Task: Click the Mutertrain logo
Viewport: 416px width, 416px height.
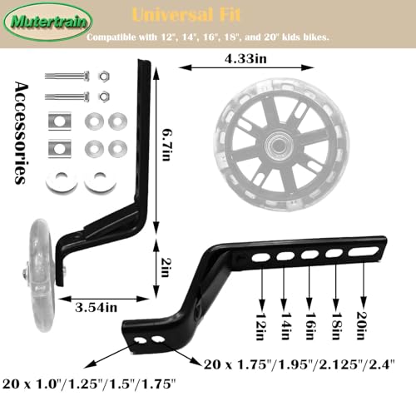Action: tap(48, 22)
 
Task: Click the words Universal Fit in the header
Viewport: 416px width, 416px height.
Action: tap(186, 15)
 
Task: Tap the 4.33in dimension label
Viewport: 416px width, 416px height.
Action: tap(245, 59)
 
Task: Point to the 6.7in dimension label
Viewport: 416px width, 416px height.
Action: tap(166, 145)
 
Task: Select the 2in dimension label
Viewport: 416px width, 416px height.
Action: tap(166, 267)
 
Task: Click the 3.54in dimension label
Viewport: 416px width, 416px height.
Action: tap(96, 307)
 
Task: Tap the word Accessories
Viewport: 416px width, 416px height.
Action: tap(22, 133)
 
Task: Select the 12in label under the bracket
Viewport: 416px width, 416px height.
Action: tap(261, 326)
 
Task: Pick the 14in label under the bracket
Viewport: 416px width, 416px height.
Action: tap(286, 326)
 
